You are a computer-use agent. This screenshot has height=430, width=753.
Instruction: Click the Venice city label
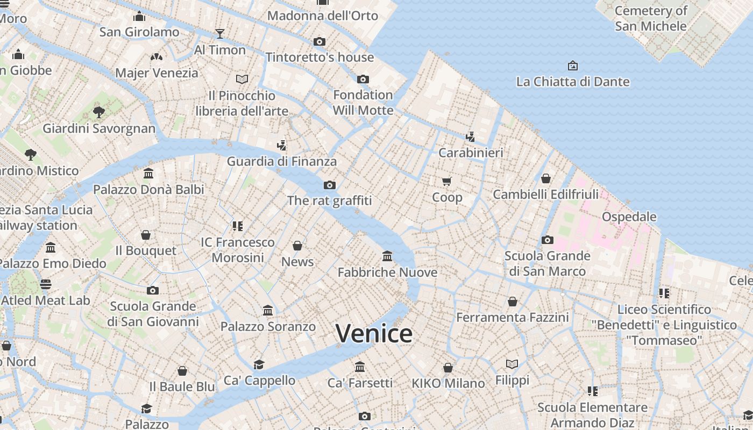(x=374, y=333)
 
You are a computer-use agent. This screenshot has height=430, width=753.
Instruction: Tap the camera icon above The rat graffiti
(x=330, y=185)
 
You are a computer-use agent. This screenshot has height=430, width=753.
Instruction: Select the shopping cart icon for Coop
(x=447, y=182)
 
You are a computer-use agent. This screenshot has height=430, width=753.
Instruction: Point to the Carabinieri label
(x=471, y=153)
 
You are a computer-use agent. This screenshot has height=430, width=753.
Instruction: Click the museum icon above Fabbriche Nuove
(x=387, y=256)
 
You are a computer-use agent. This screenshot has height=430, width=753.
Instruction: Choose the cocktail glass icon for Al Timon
(x=219, y=34)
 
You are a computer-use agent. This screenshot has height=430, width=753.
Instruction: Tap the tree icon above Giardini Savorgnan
(x=98, y=112)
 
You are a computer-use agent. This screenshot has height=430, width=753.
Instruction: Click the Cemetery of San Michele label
(x=651, y=18)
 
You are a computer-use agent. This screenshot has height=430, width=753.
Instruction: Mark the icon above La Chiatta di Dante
(x=573, y=66)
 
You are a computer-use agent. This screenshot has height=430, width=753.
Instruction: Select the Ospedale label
(x=629, y=217)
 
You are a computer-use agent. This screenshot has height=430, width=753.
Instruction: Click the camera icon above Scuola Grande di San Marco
(x=548, y=240)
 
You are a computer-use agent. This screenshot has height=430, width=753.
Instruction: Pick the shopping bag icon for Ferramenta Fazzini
(x=513, y=302)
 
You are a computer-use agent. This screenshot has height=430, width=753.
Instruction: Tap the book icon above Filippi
(x=512, y=364)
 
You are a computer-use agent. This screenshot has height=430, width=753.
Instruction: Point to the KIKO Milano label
(x=448, y=383)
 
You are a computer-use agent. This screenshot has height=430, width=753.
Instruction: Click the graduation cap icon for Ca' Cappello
(x=259, y=364)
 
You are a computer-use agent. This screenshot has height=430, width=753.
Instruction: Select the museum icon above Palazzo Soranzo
(x=268, y=310)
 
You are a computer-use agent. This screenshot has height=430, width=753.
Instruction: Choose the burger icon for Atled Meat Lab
(x=46, y=284)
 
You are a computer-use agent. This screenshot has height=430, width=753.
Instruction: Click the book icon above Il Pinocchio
(x=242, y=80)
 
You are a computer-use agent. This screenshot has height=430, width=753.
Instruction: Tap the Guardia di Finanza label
(x=282, y=161)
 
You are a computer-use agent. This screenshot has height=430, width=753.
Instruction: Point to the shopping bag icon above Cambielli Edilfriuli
(x=546, y=178)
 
